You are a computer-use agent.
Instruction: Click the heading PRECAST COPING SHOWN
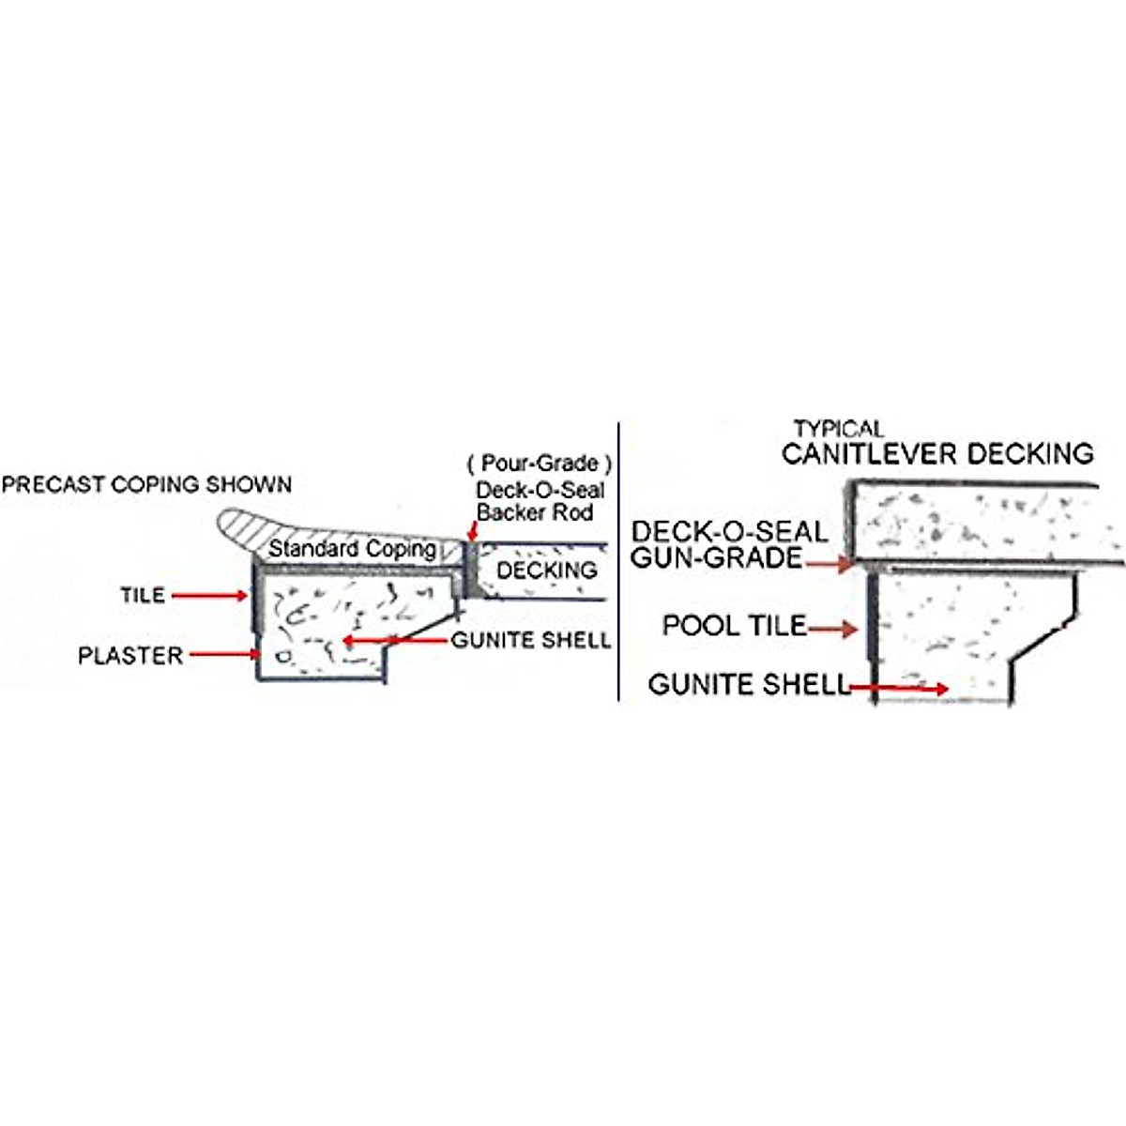[146, 485]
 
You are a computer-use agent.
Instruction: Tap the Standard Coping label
[352, 549]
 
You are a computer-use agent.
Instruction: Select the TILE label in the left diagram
[143, 595]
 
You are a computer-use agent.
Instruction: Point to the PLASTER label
[130, 655]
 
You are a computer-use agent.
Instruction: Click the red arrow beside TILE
[210, 595]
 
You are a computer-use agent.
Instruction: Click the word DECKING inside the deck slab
[546, 571]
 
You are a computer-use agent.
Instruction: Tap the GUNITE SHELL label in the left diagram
[531, 641]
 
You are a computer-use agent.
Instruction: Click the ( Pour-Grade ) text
[540, 464]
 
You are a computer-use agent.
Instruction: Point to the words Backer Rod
[535, 513]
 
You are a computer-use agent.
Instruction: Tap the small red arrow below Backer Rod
[470, 533]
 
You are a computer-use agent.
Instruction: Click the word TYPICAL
[839, 429]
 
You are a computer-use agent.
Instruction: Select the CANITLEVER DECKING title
[937, 454]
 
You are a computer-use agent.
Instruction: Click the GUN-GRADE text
[716, 557]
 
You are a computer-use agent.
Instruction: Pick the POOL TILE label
[734, 626]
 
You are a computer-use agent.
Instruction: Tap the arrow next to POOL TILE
[832, 628]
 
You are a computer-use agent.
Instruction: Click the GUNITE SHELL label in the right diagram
[748, 684]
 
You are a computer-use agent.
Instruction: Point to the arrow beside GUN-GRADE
[828, 565]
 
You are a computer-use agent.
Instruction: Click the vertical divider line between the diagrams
[619, 563]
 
